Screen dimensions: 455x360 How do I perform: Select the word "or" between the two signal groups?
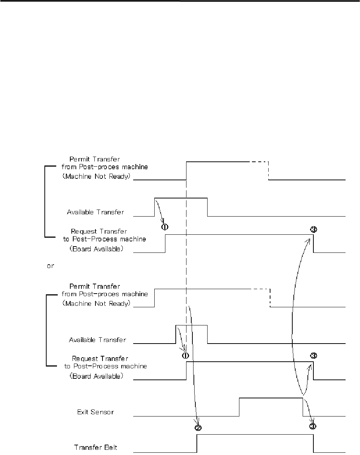coord(51,266)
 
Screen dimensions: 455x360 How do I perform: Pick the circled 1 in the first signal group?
coord(165,227)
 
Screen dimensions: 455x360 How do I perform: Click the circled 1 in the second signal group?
coord(185,355)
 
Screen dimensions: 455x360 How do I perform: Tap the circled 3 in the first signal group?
coord(313,230)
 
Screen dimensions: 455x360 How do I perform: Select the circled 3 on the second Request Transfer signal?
coord(313,356)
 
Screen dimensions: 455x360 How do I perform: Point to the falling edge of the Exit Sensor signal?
coord(303,407)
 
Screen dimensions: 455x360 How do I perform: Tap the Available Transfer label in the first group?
coord(95,213)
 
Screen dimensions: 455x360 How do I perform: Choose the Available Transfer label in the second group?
coord(97,339)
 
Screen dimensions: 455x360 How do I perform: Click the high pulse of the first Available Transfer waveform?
coord(181,198)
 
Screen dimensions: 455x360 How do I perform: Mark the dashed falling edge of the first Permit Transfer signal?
coord(269,171)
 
